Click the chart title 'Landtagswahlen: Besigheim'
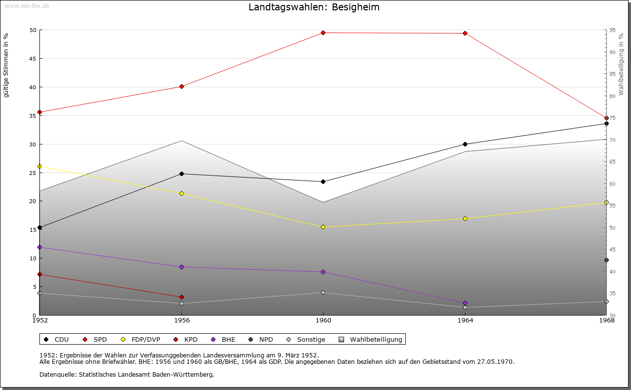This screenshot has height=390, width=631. point(314,7)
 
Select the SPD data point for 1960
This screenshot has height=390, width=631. point(323,33)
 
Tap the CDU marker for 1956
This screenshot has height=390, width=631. point(181,174)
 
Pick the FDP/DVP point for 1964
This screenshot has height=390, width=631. point(465,218)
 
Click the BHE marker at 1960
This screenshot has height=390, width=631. point(323,272)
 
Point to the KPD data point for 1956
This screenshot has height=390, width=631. point(181,297)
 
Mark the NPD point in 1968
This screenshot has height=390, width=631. point(606,260)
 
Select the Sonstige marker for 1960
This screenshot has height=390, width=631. point(323,292)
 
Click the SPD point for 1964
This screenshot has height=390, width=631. point(465,34)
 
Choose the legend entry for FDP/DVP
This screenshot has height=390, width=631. point(142,339)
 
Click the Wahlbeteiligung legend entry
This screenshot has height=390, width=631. point(371,339)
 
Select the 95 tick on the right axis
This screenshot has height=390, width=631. point(612,30)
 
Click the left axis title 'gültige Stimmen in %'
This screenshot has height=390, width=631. point(6,65)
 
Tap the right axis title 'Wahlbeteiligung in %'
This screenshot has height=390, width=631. point(621,65)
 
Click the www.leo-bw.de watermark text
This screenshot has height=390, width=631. point(26,5)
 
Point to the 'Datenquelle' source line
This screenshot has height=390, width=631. point(127,375)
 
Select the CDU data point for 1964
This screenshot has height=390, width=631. point(465,144)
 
